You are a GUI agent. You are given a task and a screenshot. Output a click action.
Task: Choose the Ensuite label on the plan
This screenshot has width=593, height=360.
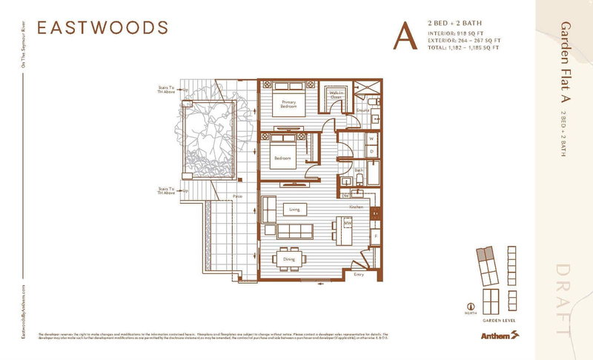(362, 110)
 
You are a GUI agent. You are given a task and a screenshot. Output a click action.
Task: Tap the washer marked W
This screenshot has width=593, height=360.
(371, 137)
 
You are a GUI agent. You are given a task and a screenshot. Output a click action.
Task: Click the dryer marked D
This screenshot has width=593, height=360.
(371, 151)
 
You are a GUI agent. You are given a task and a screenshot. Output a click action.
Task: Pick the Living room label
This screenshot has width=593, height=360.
(294, 210)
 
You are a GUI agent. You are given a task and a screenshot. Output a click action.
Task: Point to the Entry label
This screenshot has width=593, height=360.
(360, 274)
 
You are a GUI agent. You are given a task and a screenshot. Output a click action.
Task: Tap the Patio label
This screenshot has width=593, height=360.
(239, 196)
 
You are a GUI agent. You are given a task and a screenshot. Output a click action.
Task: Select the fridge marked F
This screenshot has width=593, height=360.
(376, 236)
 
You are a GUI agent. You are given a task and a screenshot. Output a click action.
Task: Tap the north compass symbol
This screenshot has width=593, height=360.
(469, 304)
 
